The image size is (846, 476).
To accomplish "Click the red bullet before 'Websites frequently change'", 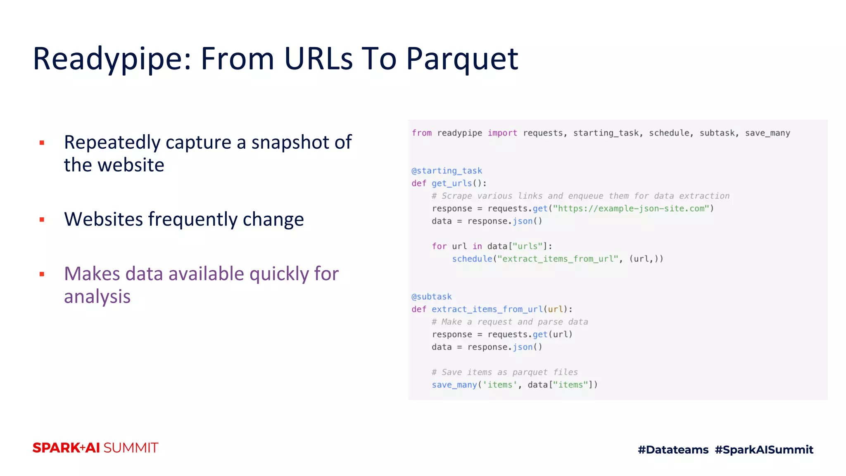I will tap(42, 219).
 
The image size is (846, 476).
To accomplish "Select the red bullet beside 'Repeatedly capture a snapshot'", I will tap(42, 143).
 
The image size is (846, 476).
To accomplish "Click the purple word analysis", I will tap(97, 297).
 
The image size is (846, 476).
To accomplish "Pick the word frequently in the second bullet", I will tap(193, 219).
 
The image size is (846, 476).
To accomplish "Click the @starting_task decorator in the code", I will tap(447, 171).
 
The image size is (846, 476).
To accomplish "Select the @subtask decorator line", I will tap(432, 297).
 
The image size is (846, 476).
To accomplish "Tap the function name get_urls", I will tap(452, 183).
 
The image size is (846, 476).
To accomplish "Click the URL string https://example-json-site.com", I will tap(633, 208).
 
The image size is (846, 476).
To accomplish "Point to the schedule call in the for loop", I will tap(472, 259).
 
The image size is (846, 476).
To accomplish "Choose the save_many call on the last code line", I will tap(454, 385).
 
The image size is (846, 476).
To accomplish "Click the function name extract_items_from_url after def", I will tap(487, 309).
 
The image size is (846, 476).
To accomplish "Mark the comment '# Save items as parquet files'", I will tap(505, 372).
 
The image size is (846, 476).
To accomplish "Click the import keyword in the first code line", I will tap(502, 133).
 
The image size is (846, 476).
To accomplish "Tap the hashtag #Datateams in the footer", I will tap(673, 450).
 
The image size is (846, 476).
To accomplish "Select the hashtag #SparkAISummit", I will tap(764, 450).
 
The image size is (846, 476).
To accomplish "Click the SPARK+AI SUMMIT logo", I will tap(95, 448).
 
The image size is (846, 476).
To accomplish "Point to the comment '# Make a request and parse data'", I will tap(510, 321).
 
